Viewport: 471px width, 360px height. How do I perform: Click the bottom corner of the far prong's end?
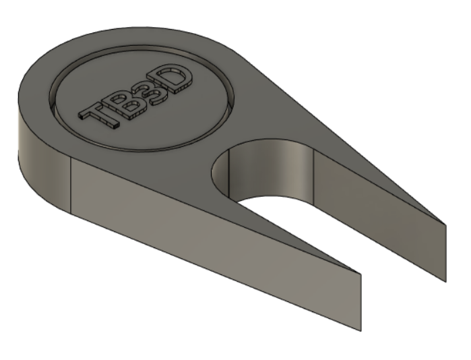445,278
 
